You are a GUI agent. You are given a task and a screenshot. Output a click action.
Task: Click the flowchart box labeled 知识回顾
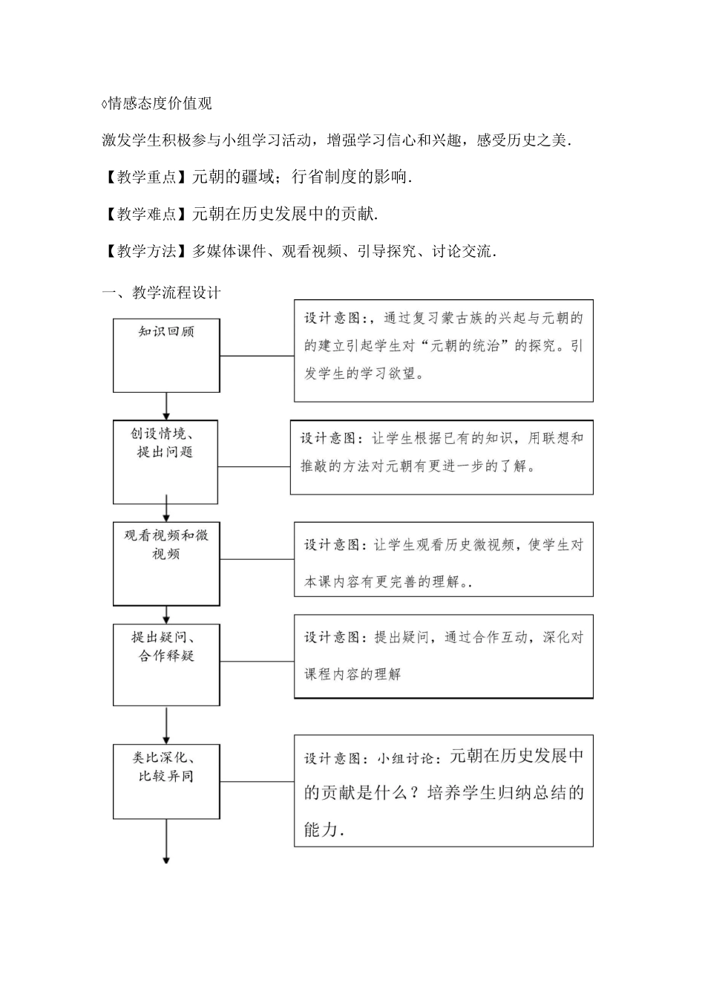coord(166,355)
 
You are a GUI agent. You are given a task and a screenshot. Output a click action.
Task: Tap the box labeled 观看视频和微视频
coord(166,564)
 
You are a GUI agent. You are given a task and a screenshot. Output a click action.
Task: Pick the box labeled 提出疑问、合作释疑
coord(166,665)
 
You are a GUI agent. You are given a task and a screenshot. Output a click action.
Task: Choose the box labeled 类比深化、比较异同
coord(166,780)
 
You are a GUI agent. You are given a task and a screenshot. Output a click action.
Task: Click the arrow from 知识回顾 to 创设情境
coord(166,406)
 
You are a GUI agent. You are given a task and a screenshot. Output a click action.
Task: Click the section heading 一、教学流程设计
coord(161,292)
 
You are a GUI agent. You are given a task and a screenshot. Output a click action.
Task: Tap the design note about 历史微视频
coord(443,559)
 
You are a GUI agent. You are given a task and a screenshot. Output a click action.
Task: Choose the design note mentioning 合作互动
coord(443,656)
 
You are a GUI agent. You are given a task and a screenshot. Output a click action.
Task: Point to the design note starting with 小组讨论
coord(443,790)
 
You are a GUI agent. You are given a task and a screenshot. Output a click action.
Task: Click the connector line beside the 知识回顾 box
coord(257,356)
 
